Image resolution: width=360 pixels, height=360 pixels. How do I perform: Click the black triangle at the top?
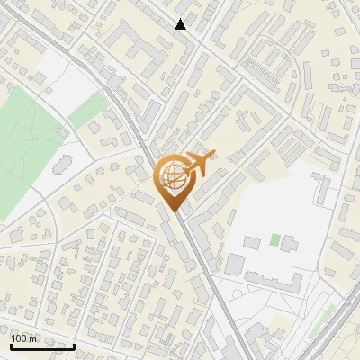(181, 24)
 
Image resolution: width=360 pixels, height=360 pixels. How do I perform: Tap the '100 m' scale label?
(24, 338)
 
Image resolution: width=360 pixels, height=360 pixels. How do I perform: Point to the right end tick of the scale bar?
(74, 345)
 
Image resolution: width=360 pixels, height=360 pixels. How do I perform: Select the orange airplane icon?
(200, 164)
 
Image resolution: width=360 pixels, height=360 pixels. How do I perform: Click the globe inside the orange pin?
(172, 177)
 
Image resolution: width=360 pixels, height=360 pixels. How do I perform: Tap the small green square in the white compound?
(274, 240)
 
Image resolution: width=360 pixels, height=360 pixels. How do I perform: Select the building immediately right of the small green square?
(291, 242)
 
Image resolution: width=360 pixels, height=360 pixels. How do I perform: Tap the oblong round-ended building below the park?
(60, 167)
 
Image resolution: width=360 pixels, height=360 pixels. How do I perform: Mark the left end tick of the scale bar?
(11, 345)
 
